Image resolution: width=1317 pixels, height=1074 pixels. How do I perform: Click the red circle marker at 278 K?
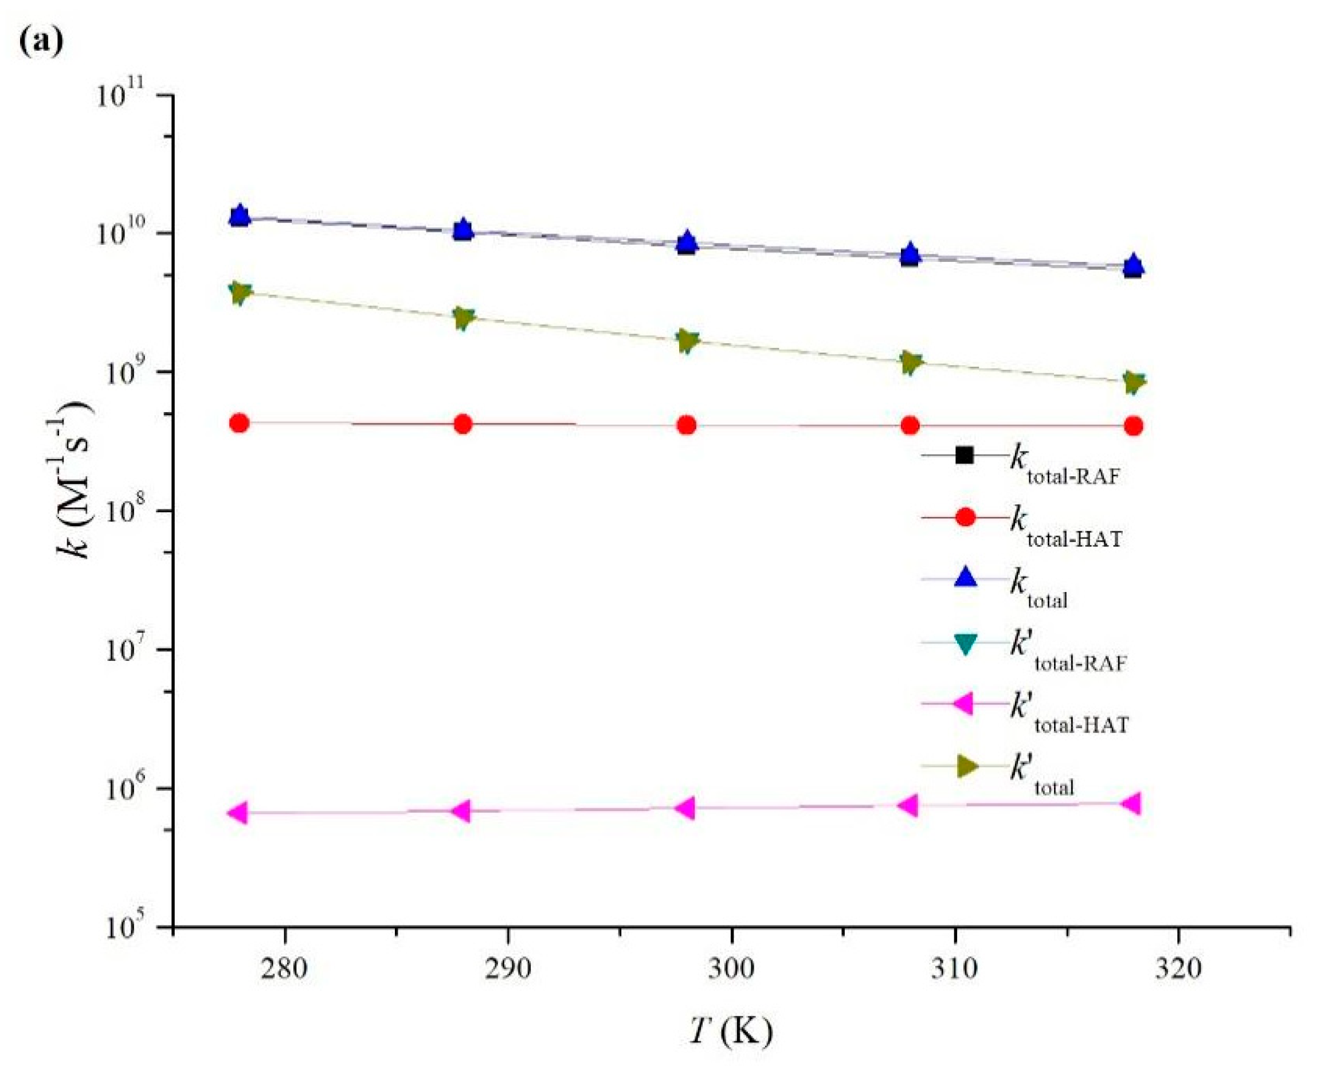(239, 423)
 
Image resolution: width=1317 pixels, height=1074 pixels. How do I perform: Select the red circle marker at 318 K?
(1132, 426)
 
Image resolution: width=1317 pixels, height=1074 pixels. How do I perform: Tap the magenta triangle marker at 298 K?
(685, 808)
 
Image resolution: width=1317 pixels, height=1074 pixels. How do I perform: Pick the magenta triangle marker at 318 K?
(1131, 803)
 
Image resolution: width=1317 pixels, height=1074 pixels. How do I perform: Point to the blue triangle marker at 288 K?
(462, 229)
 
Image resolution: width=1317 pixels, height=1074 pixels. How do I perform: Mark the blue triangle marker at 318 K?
(1132, 264)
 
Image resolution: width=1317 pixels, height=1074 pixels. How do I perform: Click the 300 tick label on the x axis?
(732, 968)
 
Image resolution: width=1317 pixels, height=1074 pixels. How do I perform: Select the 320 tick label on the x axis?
(1178, 968)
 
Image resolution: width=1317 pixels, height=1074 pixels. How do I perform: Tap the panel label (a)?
(41, 41)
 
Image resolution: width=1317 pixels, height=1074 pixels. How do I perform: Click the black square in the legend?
(965, 456)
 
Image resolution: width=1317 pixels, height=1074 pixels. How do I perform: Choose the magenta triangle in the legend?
(963, 703)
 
